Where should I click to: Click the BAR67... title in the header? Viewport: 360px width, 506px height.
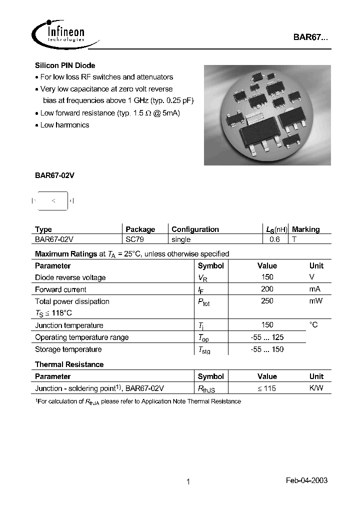click(x=310, y=38)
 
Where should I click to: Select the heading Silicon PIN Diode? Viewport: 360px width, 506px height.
click(x=65, y=65)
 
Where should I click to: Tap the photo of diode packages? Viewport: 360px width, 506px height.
click(x=267, y=114)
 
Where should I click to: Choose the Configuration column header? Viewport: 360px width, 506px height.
click(x=195, y=229)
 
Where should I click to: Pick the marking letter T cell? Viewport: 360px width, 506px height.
click(x=294, y=239)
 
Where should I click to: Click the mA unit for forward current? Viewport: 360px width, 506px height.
click(x=314, y=289)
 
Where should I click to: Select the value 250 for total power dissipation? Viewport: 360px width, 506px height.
click(x=267, y=301)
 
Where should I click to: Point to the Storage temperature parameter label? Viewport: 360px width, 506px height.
click(x=68, y=349)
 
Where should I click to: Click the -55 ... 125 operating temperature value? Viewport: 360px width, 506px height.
click(x=267, y=337)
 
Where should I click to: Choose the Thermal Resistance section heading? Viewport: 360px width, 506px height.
click(x=69, y=364)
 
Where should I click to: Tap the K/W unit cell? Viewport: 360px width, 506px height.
click(x=316, y=388)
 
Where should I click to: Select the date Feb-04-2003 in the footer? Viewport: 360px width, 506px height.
click(x=306, y=480)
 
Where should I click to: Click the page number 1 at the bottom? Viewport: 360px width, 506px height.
click(x=188, y=481)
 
